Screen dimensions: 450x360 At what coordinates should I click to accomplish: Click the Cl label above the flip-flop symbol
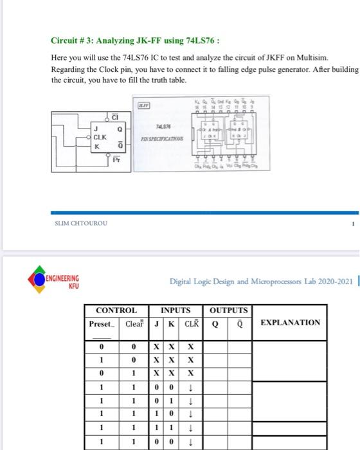(115, 116)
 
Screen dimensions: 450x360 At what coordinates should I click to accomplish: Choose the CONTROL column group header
(116, 310)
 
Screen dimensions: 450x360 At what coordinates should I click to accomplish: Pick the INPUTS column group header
(175, 310)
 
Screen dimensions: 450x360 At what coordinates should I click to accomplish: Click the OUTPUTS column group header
(228, 310)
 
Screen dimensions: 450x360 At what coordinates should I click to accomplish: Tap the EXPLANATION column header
(290, 322)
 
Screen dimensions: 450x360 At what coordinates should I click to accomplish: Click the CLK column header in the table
(190, 323)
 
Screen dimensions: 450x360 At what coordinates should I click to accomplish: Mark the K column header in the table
(170, 323)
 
